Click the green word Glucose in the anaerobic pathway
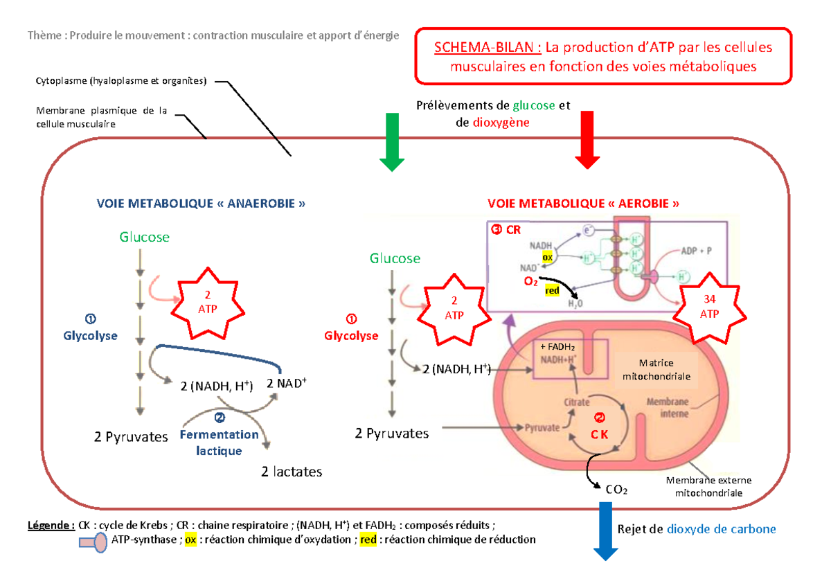[144, 238]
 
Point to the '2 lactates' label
[292, 472]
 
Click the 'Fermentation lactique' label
[219, 443]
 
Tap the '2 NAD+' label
[286, 383]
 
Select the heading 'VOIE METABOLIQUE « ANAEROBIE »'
[201, 204]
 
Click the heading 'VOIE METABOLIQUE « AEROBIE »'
[583, 204]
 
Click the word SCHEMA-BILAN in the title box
[488, 48]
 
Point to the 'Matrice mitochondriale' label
[656, 369]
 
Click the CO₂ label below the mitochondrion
[616, 490]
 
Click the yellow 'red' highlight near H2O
[552, 291]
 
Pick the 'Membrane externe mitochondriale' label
[708, 487]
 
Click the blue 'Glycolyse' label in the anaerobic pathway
[90, 336]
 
